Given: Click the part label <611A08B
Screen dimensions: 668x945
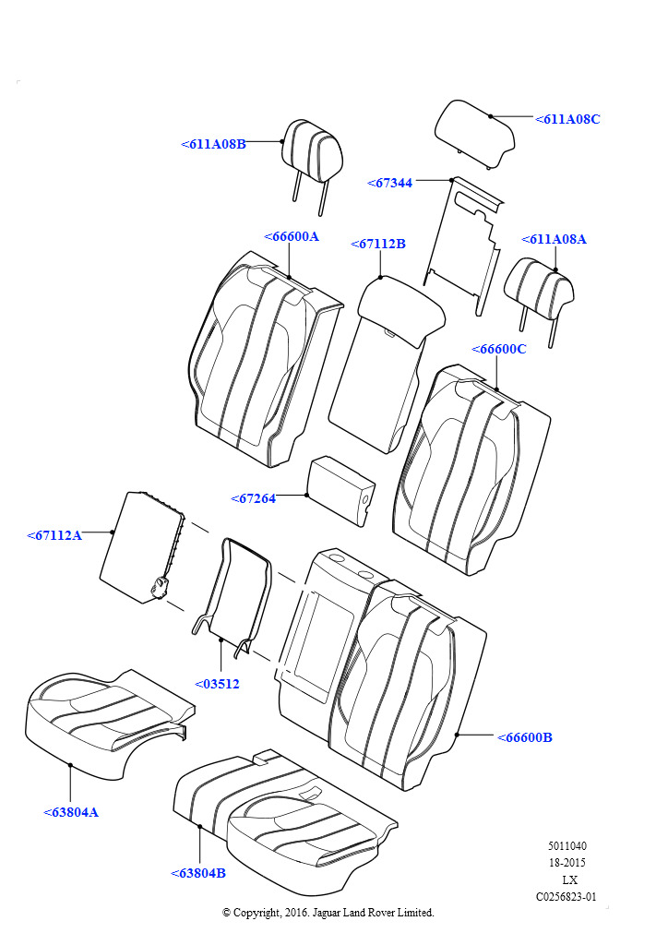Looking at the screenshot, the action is click(x=213, y=144).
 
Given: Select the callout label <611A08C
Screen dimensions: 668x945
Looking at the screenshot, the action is click(x=567, y=119).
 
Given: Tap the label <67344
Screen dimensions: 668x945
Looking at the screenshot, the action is click(x=389, y=184).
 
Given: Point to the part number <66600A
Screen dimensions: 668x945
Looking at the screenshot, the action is click(x=292, y=236).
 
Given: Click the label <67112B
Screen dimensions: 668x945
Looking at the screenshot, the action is click(x=378, y=244).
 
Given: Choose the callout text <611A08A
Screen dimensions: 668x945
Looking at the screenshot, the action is click(x=554, y=239).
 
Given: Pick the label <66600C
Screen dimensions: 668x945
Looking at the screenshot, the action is click(x=499, y=349).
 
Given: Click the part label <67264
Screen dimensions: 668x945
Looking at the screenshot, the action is click(x=253, y=498).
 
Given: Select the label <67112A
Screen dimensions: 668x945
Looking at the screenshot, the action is click(x=54, y=535).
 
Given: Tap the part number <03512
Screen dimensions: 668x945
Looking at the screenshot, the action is click(x=217, y=684).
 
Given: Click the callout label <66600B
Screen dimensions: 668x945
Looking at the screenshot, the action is click(x=525, y=737).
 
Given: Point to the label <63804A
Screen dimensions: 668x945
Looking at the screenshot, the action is click(x=70, y=812).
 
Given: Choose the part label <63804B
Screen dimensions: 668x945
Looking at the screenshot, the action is click(x=198, y=873).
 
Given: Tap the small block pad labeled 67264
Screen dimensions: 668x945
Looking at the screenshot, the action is click(x=341, y=490).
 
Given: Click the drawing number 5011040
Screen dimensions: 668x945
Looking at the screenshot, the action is click(x=567, y=846).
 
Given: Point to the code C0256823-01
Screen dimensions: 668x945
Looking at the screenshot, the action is click(x=567, y=897).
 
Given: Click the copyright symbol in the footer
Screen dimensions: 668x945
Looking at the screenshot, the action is click(x=226, y=913).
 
